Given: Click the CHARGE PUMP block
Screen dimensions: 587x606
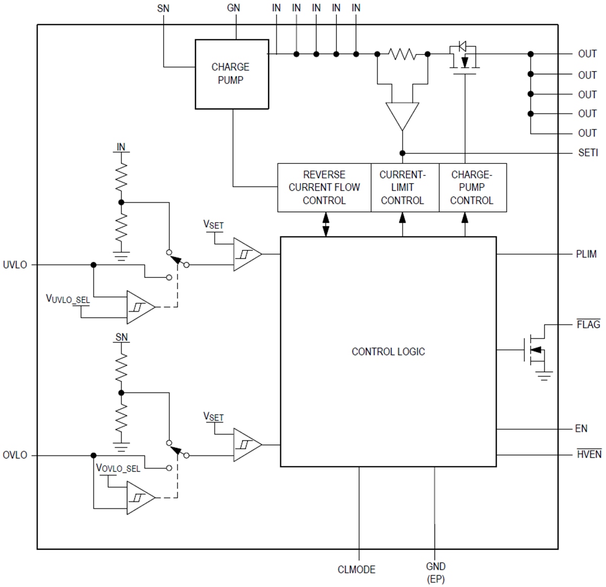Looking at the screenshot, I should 231,74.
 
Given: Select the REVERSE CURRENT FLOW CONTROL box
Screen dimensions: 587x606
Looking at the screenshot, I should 324,188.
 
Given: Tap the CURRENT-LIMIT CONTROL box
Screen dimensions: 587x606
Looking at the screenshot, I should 402,188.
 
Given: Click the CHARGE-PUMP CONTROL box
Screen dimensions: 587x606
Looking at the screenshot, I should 472,188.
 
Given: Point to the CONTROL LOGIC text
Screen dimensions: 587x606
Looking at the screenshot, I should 388,351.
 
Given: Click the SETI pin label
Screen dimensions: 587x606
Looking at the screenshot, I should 588,153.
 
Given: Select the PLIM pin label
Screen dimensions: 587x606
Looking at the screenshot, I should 586,254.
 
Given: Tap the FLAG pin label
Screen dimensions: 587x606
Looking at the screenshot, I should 588,325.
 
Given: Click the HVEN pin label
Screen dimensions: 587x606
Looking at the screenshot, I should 589,454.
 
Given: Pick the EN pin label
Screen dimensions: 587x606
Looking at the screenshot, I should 581,429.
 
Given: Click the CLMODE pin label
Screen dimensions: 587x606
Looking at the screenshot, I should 357,570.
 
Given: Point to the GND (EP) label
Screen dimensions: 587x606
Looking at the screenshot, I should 435,572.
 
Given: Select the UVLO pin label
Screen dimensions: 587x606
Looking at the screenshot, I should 15,265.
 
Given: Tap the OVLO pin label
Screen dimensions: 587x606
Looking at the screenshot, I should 15,455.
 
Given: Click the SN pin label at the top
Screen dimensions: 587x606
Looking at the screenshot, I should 163,9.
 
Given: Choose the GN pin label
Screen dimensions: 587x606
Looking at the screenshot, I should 233,9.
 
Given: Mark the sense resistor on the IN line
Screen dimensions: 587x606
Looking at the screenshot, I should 402,53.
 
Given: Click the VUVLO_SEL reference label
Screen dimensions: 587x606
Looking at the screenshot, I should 68,299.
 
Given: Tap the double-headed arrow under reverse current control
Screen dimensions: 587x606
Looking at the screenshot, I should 326,224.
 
